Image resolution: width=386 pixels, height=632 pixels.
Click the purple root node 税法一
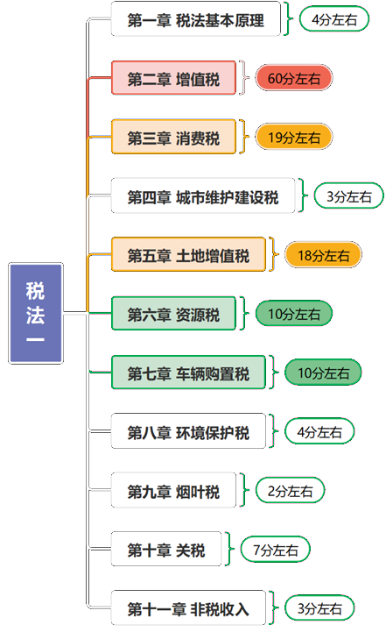36,313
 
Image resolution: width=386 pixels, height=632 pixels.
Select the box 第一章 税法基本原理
195,19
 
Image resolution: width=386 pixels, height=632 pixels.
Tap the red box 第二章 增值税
173,78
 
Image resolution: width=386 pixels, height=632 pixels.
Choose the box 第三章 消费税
173,137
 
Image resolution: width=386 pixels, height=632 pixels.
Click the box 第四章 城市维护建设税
203,195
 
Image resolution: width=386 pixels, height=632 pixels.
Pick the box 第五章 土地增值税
188,254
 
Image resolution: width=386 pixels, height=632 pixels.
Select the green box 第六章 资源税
173,313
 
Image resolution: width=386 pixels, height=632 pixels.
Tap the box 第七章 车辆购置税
188,372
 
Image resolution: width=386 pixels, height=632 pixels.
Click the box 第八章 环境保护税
188,431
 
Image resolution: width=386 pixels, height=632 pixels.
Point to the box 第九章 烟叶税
173,490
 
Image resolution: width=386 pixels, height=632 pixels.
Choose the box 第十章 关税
166,549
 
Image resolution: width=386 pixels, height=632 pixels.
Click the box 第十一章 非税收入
188,607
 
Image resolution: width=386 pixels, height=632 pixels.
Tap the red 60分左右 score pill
294,78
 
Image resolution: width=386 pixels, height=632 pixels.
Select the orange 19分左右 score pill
294,137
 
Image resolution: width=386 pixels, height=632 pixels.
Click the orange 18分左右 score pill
323,254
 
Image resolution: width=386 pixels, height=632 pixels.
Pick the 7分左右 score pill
276,549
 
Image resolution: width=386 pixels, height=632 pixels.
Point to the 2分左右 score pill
291,490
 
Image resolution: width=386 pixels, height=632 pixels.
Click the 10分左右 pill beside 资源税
294,313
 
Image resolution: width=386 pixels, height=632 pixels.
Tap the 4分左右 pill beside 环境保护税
319,431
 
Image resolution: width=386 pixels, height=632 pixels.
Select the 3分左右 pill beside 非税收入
319,607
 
